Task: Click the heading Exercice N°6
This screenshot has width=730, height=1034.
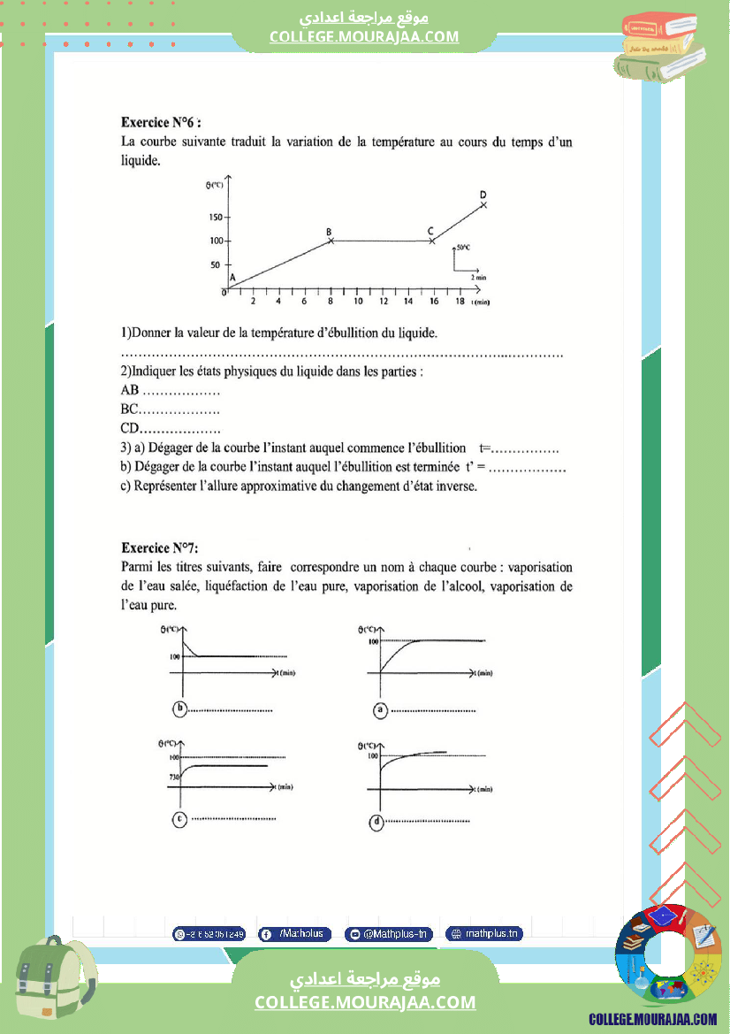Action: (x=166, y=123)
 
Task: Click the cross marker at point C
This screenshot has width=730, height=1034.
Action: (x=431, y=241)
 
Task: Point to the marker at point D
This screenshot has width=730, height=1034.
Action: (x=483, y=204)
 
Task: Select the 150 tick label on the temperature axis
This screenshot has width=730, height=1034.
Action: (x=215, y=217)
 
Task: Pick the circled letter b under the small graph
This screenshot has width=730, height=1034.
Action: (x=180, y=708)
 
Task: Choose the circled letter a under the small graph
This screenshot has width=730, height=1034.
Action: (x=380, y=708)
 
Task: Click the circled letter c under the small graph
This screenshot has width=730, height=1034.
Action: (x=180, y=819)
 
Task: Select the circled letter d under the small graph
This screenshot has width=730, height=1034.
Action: (x=378, y=822)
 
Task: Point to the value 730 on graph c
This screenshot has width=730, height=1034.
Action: (x=175, y=777)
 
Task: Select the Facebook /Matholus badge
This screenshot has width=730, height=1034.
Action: (x=294, y=934)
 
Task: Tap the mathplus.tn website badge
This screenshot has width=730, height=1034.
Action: (x=484, y=934)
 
